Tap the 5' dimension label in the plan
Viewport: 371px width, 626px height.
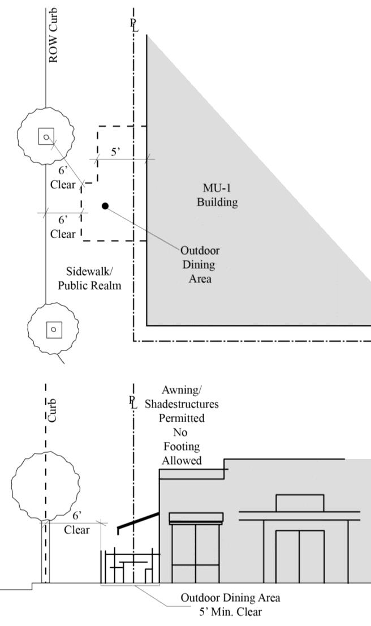(115, 152)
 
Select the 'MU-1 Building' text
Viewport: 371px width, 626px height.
(217, 195)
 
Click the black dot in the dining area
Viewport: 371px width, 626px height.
(105, 205)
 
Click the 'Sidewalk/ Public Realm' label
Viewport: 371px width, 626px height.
(89, 278)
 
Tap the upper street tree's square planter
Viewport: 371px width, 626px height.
(46, 136)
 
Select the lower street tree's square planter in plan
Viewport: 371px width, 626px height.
(53, 328)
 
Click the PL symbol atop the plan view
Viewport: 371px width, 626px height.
(133, 25)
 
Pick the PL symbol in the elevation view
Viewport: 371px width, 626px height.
(133, 403)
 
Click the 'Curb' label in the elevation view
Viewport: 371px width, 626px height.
(52, 409)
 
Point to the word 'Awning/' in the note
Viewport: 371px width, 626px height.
(181, 391)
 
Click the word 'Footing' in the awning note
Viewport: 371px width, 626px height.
(182, 447)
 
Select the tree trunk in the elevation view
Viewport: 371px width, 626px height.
(44, 552)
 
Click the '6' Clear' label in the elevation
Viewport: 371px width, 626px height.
(77, 523)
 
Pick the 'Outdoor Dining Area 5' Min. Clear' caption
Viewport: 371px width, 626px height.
(230, 604)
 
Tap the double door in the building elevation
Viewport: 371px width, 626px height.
(299, 556)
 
